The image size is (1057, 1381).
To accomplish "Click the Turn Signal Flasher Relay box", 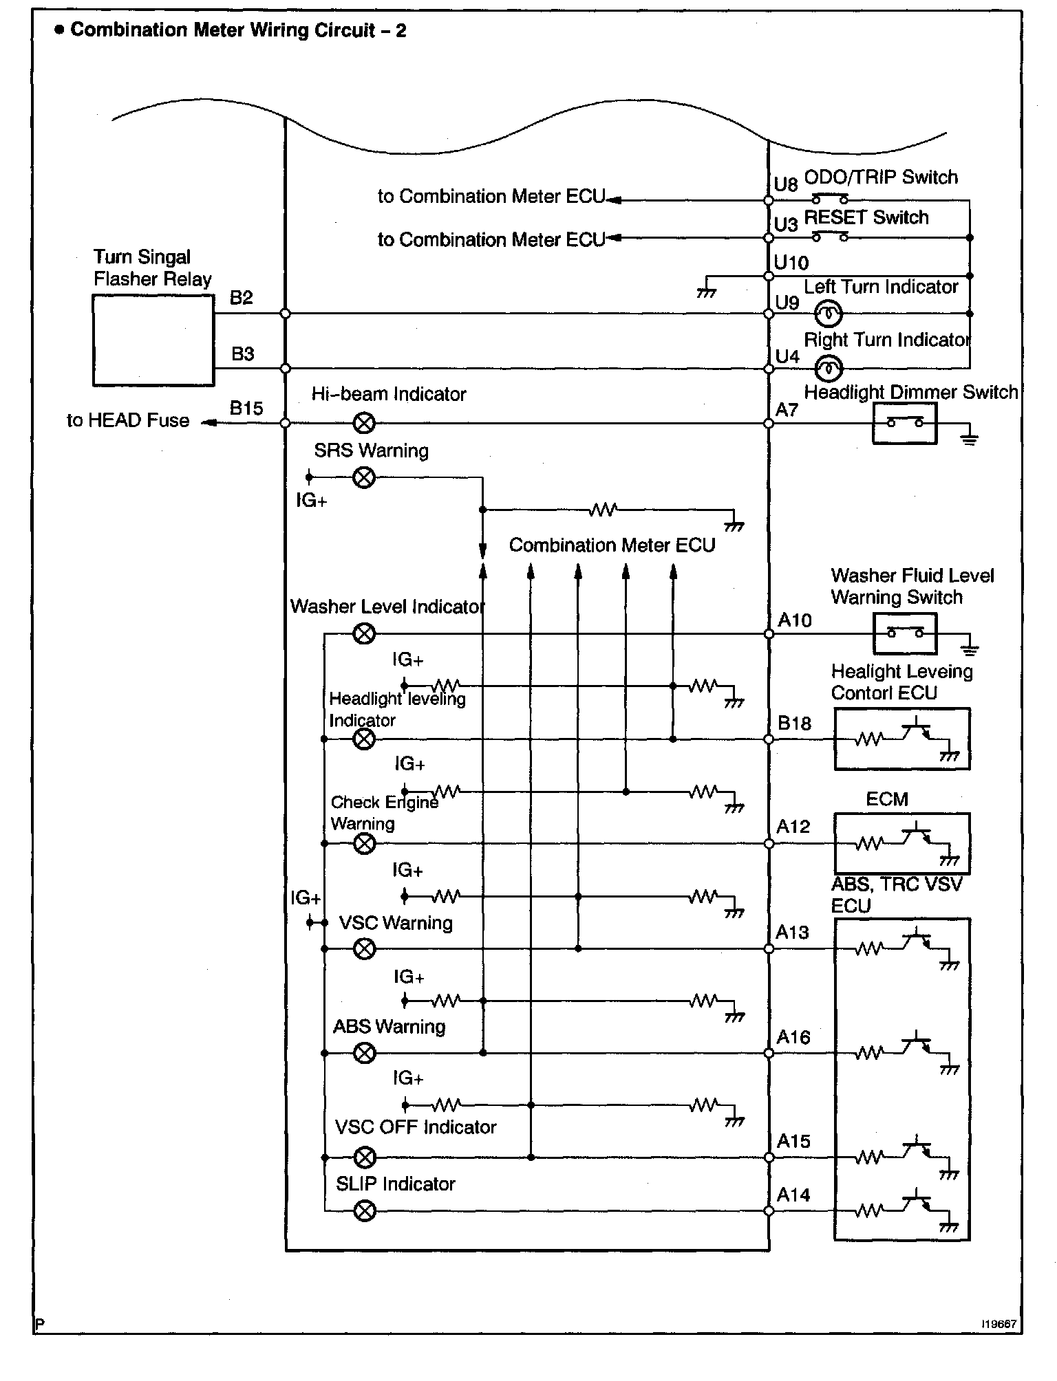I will coord(153,340).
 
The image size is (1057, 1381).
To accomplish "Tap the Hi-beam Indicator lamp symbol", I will coord(364,423).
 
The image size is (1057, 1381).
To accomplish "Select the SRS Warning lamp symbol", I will coord(364,477).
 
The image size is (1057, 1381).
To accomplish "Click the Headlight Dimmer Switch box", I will coord(904,423).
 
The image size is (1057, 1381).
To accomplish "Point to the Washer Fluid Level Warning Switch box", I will coord(904,633).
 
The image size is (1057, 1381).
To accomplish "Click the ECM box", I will coord(901,843).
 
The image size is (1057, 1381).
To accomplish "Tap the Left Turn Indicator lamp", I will coord(828,314).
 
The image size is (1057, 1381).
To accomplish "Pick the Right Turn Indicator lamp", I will coord(828,369).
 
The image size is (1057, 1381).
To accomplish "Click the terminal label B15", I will coord(246,409).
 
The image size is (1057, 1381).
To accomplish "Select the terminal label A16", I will coord(793,1037).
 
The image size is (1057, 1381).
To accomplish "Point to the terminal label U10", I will coord(791,263).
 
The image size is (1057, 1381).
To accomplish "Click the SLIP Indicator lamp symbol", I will coord(364,1210).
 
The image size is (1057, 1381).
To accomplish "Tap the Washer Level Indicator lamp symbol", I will coord(364,633).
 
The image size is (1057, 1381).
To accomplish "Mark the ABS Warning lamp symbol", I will coord(364,1053).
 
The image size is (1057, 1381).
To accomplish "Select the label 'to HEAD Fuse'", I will coord(128,420).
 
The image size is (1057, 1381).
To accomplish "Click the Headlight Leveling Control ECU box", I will coord(901,739).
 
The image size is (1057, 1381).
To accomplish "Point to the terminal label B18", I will coord(794,724).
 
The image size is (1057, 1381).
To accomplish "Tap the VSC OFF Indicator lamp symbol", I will coord(364,1157).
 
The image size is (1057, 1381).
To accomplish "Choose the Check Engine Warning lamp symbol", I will coord(364,843).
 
